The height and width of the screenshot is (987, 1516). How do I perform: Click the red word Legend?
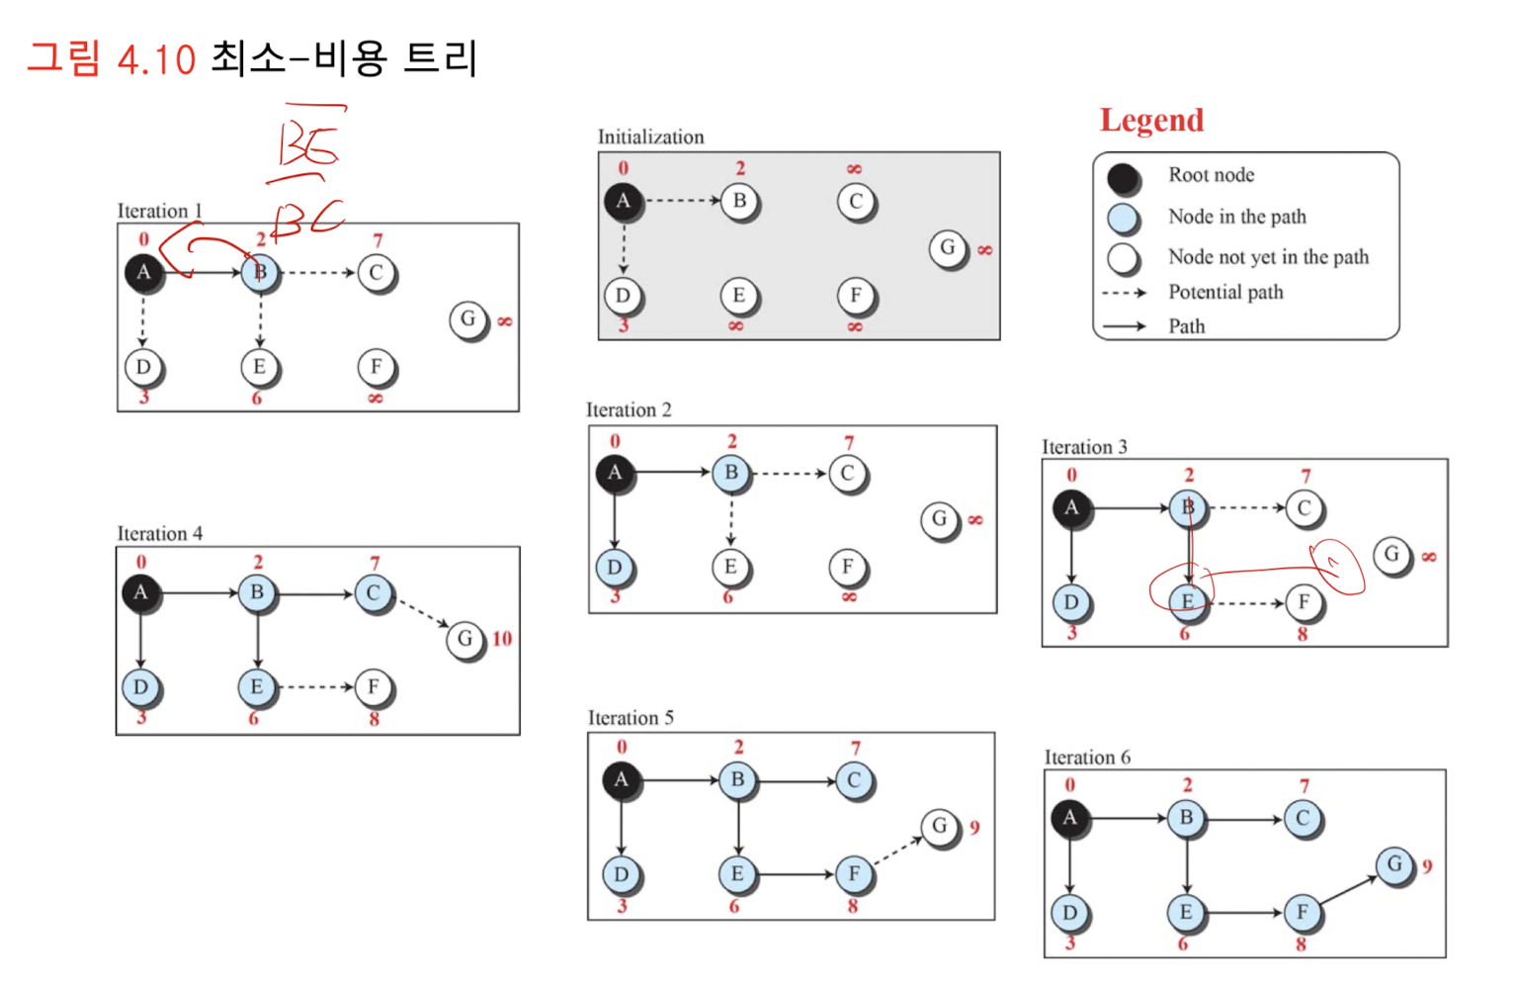tap(1151, 121)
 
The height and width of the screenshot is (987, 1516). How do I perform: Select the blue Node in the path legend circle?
tap(1123, 218)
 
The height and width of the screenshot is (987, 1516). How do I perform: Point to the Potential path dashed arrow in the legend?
tap(1124, 293)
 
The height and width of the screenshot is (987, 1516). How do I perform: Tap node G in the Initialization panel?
tap(947, 247)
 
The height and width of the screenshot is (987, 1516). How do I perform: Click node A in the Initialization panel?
tap(622, 201)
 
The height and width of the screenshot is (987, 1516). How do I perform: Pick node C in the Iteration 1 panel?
tap(376, 273)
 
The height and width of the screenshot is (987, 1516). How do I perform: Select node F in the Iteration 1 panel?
tap(376, 367)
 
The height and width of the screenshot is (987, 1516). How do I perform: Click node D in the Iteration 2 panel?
tap(614, 568)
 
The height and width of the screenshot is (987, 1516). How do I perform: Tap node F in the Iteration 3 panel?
tap(1304, 602)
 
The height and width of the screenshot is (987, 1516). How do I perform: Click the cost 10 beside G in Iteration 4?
tap(502, 639)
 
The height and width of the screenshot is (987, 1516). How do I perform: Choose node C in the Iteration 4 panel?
tap(373, 593)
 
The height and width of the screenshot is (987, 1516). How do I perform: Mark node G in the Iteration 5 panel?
tap(939, 826)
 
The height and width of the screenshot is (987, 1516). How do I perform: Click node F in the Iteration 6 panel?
tap(1302, 912)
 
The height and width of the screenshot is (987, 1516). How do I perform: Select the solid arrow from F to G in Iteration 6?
tap(1348, 889)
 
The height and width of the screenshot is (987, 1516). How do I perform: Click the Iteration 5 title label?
tap(631, 718)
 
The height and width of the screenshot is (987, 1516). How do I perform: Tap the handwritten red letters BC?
tap(308, 220)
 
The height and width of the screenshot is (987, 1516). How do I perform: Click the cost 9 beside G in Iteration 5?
tap(974, 828)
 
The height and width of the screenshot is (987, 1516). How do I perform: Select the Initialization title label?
tap(650, 137)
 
